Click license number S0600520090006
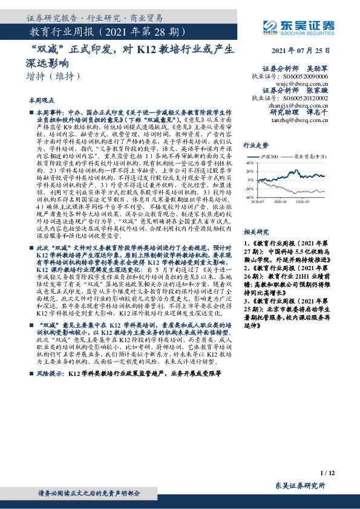(305, 77)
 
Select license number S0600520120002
(305, 97)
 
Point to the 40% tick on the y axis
(250, 163)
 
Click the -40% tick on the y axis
(249, 197)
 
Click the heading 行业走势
(256, 146)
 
